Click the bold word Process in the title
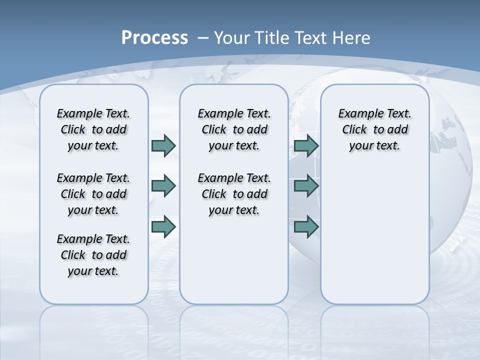pos(154,38)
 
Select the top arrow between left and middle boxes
pos(163,145)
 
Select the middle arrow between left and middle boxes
pos(163,186)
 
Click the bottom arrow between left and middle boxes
pos(163,227)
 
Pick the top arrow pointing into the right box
pos(306,145)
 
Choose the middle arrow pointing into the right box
pos(306,186)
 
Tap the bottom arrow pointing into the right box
pos(306,227)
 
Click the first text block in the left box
pos(93,129)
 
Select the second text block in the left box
pos(93,194)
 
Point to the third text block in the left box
pos(93,255)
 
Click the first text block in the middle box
pos(234,129)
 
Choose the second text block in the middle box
pos(234,194)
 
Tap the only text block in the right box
pos(375,129)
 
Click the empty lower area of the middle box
pos(234,260)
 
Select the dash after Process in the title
pos(203,38)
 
